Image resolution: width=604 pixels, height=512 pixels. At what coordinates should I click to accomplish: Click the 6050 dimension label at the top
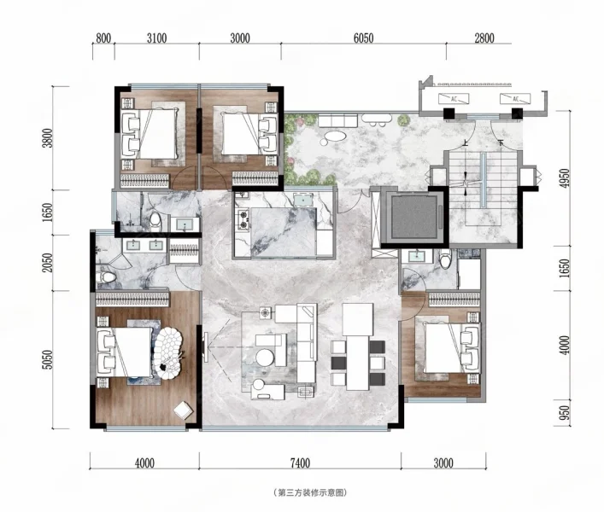(363, 38)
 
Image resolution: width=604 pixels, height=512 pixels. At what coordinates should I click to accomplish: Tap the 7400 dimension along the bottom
(300, 463)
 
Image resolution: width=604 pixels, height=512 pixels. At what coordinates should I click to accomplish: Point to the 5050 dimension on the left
(47, 359)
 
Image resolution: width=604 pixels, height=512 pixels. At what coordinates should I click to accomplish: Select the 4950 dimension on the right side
(565, 178)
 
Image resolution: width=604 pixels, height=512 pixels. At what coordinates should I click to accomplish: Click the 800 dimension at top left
(103, 38)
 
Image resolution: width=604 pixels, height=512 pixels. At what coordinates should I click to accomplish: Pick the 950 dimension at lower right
(565, 414)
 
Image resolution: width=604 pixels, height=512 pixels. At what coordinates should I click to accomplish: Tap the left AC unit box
(454, 99)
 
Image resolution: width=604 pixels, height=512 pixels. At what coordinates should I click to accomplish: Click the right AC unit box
(515, 99)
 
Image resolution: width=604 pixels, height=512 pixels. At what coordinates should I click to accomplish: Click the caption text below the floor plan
(310, 492)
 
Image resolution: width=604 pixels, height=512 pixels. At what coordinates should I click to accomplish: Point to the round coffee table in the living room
(265, 357)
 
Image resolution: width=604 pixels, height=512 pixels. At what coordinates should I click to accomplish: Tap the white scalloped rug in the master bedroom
(168, 353)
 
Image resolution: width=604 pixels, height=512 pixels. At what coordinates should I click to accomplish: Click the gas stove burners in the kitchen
(243, 219)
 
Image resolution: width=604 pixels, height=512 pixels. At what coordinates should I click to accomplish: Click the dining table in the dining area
(358, 363)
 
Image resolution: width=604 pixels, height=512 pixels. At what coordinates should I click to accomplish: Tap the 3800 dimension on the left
(47, 137)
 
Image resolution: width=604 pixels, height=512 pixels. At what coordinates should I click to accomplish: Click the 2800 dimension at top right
(484, 38)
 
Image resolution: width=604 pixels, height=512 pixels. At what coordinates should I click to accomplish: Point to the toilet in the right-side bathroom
(446, 258)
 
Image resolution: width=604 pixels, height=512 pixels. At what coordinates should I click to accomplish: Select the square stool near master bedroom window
(183, 410)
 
